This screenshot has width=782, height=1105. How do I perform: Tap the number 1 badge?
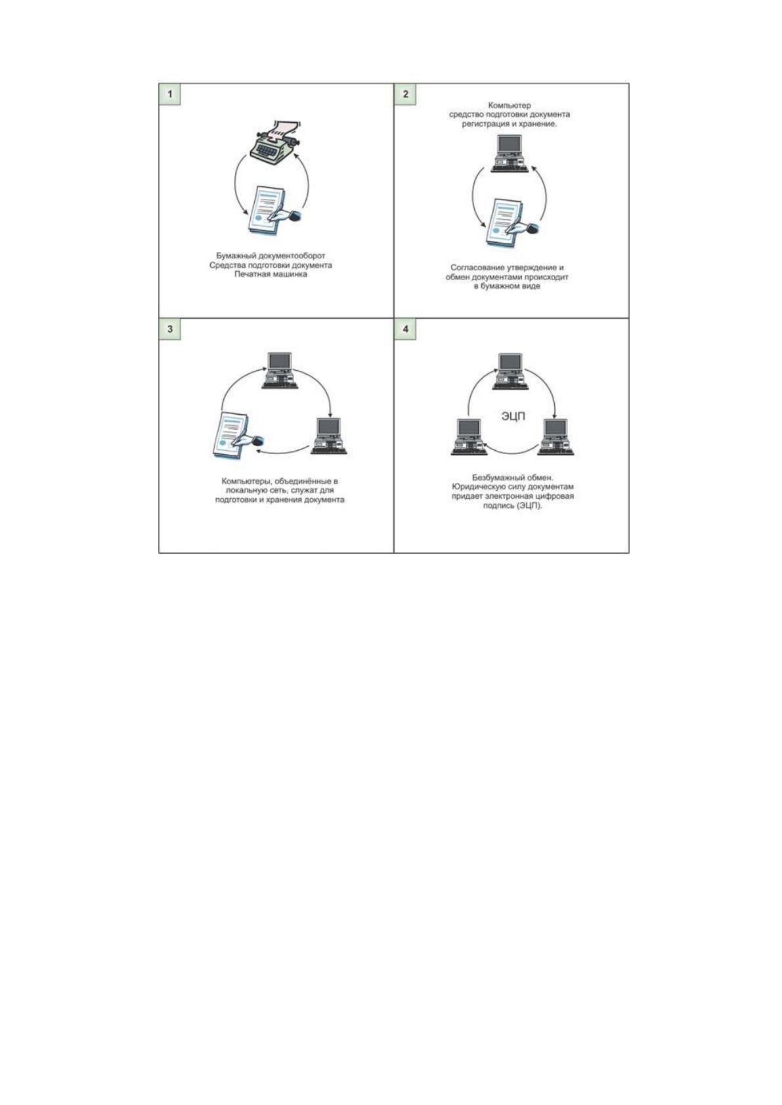170,94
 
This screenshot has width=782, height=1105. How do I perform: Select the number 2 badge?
405,94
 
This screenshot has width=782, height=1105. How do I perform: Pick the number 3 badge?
170,329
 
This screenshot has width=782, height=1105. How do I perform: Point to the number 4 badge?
405,329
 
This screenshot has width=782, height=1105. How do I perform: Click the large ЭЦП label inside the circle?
513,417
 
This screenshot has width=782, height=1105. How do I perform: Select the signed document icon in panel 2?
512,224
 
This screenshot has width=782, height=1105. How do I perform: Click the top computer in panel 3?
280,371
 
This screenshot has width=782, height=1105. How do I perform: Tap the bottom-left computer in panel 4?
469,437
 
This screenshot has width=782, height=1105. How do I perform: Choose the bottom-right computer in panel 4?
555,437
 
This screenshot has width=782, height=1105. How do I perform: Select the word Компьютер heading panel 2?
510,105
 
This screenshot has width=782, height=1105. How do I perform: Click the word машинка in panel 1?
289,274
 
